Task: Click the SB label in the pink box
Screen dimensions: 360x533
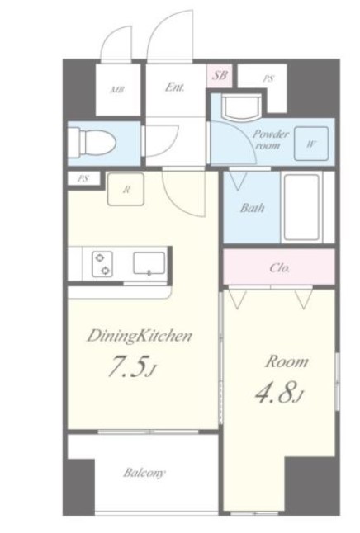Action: [220, 75]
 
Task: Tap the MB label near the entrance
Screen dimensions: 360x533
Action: [117, 90]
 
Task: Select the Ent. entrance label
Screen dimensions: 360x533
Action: [175, 87]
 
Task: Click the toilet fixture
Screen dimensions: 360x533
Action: [92, 143]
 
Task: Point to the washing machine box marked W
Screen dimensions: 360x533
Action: [311, 144]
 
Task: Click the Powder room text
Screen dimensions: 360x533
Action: [270, 139]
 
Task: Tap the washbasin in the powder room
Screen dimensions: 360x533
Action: [241, 106]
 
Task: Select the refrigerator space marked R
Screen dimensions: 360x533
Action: [126, 189]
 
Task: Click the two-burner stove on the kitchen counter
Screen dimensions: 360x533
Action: [102, 264]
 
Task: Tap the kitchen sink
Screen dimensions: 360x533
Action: [149, 262]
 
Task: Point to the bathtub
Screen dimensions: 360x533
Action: [302, 207]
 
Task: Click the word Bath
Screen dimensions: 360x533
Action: [252, 208]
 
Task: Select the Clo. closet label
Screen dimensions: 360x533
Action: [280, 268]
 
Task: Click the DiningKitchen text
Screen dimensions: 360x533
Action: [140, 336]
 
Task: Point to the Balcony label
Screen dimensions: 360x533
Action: [144, 473]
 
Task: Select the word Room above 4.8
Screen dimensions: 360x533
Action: [287, 361]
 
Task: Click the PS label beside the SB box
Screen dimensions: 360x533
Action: [268, 79]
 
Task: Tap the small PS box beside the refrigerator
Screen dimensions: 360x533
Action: [83, 178]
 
